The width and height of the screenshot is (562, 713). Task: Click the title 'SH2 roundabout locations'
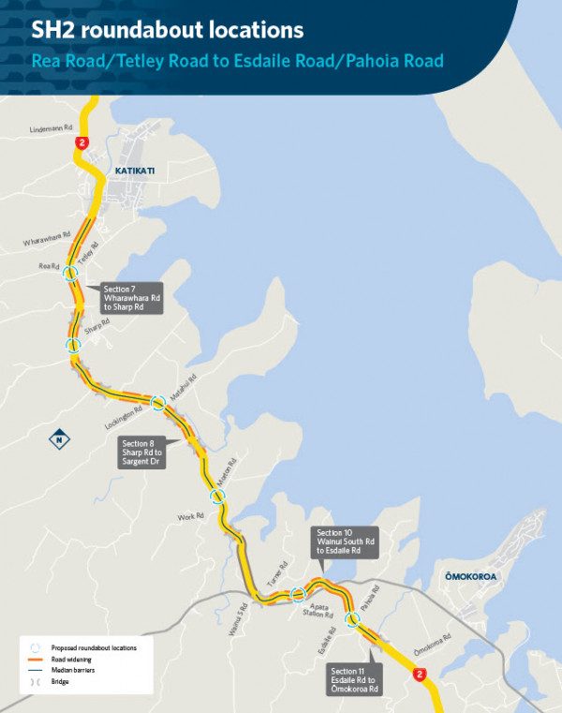click(168, 31)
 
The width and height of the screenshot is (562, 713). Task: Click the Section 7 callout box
click(132, 297)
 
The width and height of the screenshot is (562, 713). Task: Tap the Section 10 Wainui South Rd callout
click(346, 542)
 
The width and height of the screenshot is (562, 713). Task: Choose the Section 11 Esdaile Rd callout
click(355, 679)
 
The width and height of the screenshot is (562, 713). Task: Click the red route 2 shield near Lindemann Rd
click(84, 142)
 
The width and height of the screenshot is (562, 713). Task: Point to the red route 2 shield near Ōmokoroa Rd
click(421, 674)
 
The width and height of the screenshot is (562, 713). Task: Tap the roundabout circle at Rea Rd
click(71, 274)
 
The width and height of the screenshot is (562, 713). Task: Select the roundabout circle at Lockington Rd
click(158, 403)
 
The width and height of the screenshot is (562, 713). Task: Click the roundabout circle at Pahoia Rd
click(353, 618)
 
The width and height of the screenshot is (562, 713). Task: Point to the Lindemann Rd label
click(51, 128)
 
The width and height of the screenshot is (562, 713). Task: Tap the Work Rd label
click(191, 517)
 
